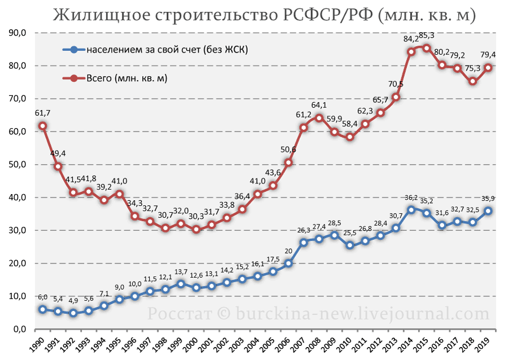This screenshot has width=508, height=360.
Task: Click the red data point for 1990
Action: tap(42, 126)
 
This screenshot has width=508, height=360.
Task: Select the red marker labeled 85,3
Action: tap(427, 48)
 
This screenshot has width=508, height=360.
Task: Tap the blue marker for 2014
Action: tap(411, 210)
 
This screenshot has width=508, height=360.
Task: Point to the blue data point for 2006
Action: tap(288, 263)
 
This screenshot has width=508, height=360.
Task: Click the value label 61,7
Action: tap(42, 113)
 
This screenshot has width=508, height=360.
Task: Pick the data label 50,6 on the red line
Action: tap(288, 150)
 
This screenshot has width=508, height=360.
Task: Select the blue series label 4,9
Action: tap(73, 300)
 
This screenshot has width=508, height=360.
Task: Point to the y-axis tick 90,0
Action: tap(17, 33)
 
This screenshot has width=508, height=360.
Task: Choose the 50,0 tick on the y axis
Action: tap(17, 164)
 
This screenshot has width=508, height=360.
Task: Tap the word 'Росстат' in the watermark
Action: tap(179, 314)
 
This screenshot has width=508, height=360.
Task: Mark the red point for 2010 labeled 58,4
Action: tap(350, 137)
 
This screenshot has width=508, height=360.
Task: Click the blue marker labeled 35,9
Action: tap(488, 211)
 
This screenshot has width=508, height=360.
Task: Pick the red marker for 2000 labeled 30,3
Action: tap(196, 230)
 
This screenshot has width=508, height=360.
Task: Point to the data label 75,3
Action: tap(472, 69)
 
